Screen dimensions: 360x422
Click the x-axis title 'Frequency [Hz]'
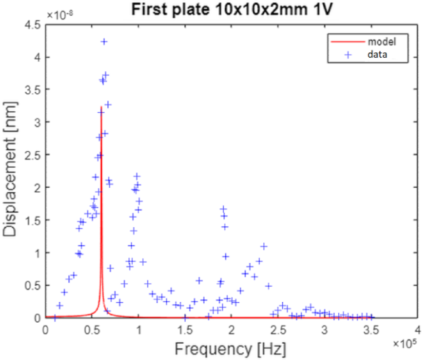coord(232,349)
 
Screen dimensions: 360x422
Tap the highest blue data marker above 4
coord(104,41)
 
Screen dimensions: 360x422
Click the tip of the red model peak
coord(101,107)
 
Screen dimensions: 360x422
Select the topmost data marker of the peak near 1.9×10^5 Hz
coord(223,209)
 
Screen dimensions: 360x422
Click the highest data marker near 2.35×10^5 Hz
coord(264,246)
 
